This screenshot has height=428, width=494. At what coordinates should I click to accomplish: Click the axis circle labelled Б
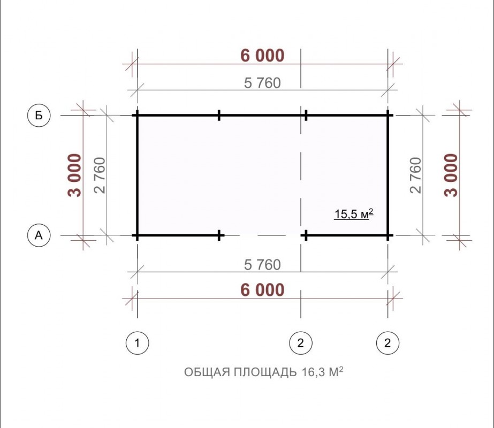(x=39, y=115)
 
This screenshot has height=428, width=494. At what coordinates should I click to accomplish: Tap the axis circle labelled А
(x=39, y=235)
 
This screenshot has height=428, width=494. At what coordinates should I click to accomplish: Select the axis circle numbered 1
(x=138, y=342)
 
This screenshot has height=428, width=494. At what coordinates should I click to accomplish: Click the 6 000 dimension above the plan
(x=262, y=56)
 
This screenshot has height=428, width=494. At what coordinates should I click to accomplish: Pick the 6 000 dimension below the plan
(x=262, y=290)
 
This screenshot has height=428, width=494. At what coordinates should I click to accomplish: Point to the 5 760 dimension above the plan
(x=262, y=83)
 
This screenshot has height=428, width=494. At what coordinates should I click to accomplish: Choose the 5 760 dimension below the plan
(x=262, y=265)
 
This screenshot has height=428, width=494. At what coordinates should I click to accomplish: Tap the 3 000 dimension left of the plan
(x=75, y=175)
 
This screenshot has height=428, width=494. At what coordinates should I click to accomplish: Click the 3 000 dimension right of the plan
(x=451, y=175)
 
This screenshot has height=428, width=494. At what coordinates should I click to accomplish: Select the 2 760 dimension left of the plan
(x=100, y=175)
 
